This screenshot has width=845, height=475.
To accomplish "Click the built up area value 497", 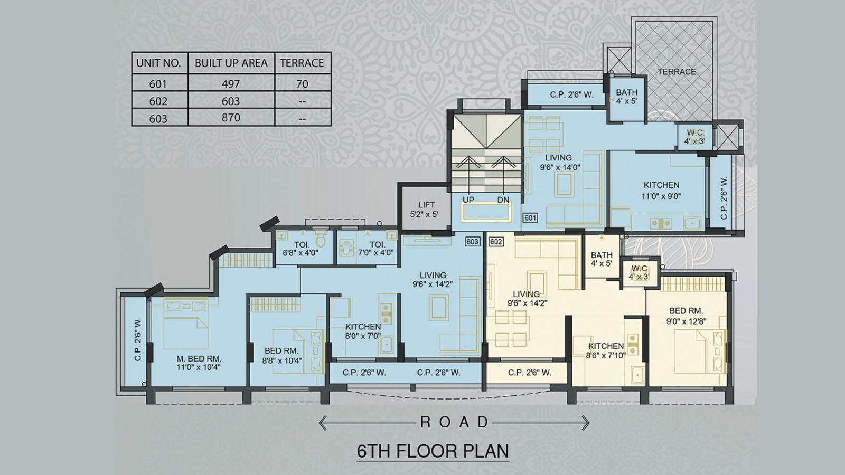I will point(231,84).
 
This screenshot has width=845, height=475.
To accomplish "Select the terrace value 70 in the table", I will point(302,84).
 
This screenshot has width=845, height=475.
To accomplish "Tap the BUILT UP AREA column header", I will point(231,63).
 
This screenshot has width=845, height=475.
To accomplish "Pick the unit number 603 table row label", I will point(158,119).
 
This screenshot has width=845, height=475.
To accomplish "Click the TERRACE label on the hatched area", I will point(677,71).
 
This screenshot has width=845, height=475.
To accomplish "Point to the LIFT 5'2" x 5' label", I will point(425,210).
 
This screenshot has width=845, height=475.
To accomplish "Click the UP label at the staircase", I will point(468,200).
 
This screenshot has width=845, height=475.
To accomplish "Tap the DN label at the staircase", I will point(503,200).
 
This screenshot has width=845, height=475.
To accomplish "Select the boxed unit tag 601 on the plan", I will point(530,217).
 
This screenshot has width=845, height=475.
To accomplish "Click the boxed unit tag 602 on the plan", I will point(496,242).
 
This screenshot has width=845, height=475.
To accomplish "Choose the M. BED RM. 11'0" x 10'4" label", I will point(199,363).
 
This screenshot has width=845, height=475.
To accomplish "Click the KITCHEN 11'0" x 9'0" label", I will point(661,191).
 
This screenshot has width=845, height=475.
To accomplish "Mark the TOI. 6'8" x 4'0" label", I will point(301,249).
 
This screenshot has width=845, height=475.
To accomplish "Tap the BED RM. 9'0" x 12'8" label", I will point(686,316).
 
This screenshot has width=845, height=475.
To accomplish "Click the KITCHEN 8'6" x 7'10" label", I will point(606,350).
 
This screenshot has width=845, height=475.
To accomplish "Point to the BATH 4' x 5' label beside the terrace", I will point(626,97).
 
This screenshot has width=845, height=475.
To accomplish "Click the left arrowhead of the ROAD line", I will point(321,422).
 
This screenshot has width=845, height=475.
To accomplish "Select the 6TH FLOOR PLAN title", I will point(433,451).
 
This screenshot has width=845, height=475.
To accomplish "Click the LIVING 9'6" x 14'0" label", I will point(559,162).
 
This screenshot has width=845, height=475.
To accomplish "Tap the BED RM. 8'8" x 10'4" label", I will point(281,356).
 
